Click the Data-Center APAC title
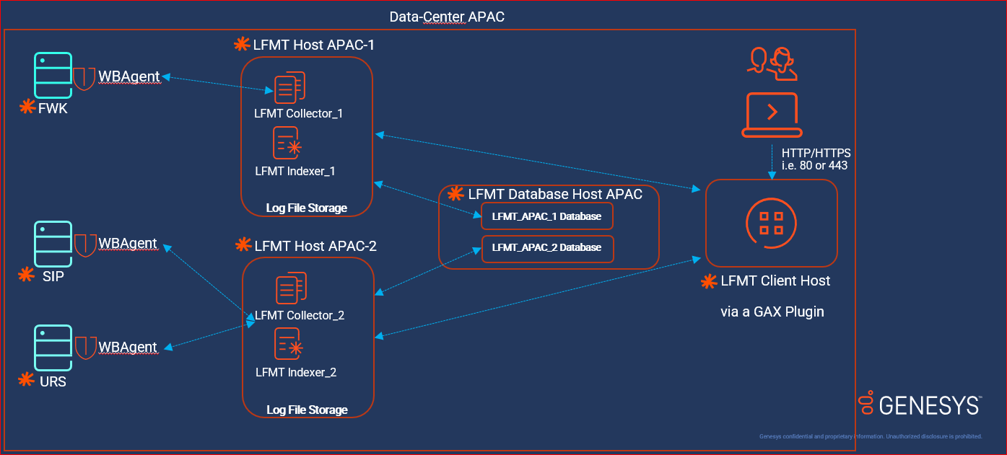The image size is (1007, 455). (446, 17)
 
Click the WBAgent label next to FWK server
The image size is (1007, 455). (129, 76)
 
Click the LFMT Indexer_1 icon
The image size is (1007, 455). (287, 143)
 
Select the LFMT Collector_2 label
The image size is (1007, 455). (300, 315)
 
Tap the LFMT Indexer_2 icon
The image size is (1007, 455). (287, 344)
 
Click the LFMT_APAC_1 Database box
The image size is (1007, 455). (546, 216)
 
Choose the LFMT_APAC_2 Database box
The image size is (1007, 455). (546, 247)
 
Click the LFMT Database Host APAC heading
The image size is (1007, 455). (554, 194)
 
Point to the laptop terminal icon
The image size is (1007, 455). (772, 115)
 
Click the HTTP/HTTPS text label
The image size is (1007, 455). (816, 154)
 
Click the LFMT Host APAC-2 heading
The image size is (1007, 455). (315, 246)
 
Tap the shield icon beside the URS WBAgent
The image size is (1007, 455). (85, 347)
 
